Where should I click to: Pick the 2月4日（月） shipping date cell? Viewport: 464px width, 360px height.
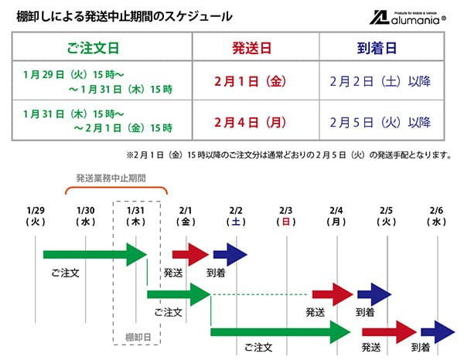[251, 122]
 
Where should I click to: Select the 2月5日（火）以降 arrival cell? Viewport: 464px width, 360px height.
[379, 122]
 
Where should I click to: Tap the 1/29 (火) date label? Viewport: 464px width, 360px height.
[36, 216]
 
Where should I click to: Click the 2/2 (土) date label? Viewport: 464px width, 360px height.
[237, 216]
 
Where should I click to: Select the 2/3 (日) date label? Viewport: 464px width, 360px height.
[286, 216]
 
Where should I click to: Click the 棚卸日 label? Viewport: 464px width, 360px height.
[137, 338]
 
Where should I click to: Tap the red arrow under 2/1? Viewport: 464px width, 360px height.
[189, 253]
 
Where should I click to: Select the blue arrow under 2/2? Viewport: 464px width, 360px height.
[230, 253]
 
